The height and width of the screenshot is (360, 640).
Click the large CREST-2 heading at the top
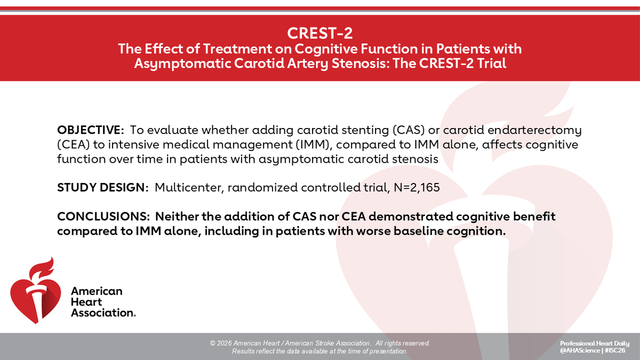pos(319,33)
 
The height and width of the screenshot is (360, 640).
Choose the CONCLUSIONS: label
pos(103,218)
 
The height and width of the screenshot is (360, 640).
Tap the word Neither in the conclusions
pos(178,218)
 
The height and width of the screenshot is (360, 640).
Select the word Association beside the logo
pos(103,313)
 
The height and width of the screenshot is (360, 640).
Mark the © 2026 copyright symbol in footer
pos(213,343)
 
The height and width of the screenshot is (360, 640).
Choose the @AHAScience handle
pos(579,351)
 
